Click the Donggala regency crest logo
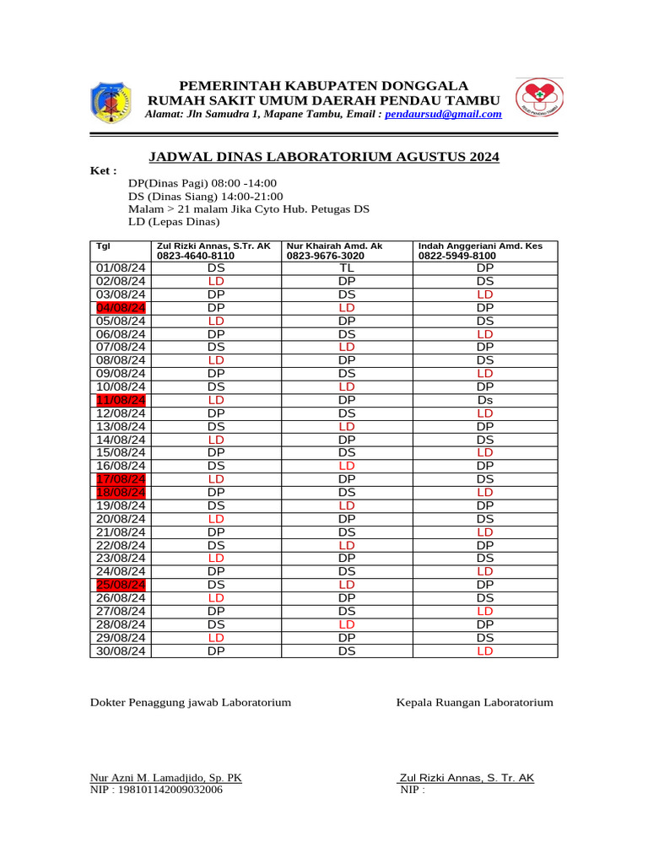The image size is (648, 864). [109, 103]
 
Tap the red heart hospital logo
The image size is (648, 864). [540, 100]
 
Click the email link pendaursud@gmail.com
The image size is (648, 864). [443, 114]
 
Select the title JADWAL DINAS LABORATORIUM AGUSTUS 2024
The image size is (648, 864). [324, 157]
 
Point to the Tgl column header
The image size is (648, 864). [103, 246]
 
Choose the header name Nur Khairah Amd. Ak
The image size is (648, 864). [334, 246]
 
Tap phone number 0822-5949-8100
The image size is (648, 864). [457, 256]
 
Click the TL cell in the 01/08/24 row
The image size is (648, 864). [346, 268]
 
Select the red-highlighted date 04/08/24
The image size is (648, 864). [121, 308]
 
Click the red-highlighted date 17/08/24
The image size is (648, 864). [121, 479]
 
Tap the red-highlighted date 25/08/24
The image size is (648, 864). [121, 585]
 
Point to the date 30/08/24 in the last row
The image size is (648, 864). [121, 651]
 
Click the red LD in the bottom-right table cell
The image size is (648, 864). [484, 651]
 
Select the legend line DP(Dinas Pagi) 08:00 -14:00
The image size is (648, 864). [202, 183]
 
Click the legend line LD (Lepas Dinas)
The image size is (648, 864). [174, 222]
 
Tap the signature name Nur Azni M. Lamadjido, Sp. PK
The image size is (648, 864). [166, 778]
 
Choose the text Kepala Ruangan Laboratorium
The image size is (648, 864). [475, 702]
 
